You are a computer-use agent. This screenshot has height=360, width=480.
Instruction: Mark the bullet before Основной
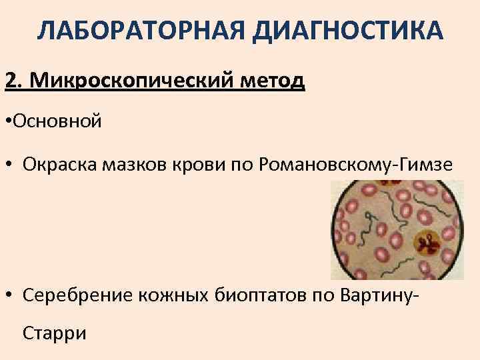[8, 122]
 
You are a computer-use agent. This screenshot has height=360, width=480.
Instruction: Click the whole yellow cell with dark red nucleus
[427, 245]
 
